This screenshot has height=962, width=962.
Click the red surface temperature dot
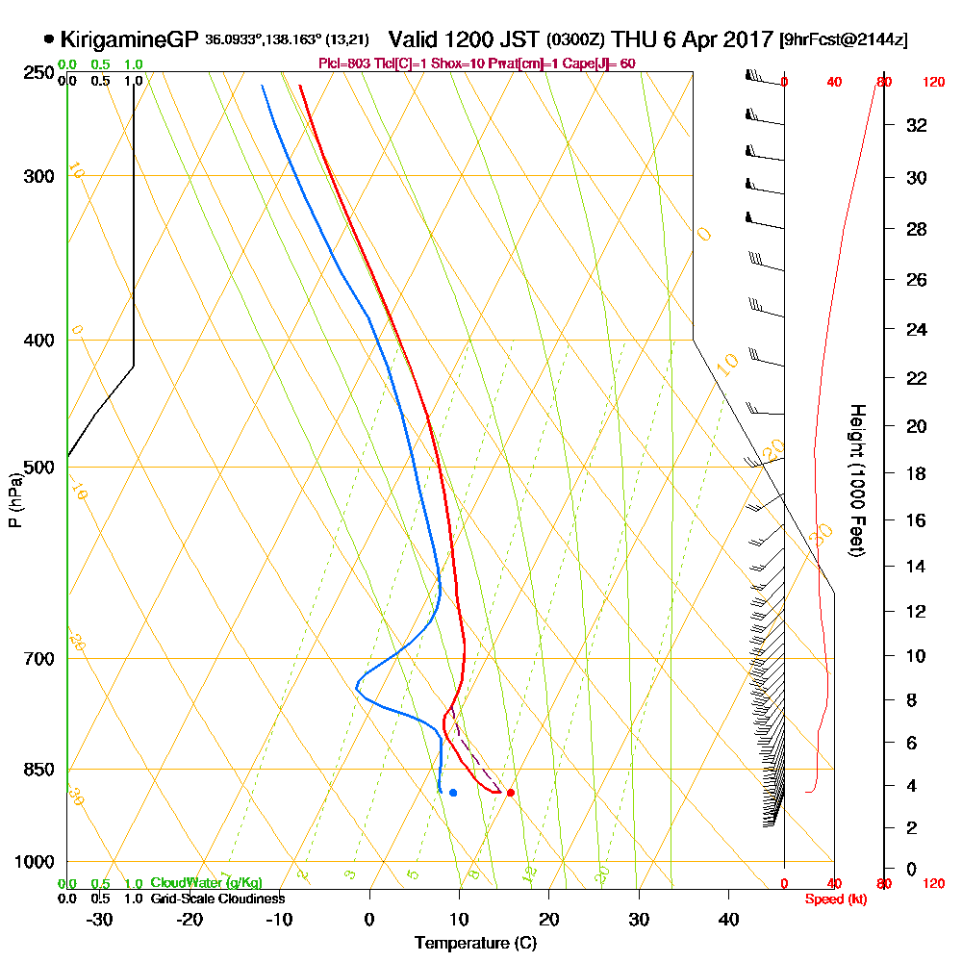pyautogui.click(x=510, y=793)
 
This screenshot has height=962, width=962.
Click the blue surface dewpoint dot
pyautogui.click(x=453, y=793)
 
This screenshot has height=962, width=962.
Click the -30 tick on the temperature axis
pyautogui.click(x=99, y=919)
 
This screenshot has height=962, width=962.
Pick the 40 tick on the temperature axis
pyautogui.click(x=728, y=919)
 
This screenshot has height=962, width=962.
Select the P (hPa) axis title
pyautogui.click(x=14, y=499)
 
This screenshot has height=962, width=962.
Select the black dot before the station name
pyautogui.click(x=48, y=39)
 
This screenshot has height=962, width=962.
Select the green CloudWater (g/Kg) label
pyautogui.click(x=206, y=883)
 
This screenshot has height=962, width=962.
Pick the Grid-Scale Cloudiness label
pyautogui.click(x=217, y=899)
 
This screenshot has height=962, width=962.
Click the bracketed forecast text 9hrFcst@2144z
pyautogui.click(x=844, y=40)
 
